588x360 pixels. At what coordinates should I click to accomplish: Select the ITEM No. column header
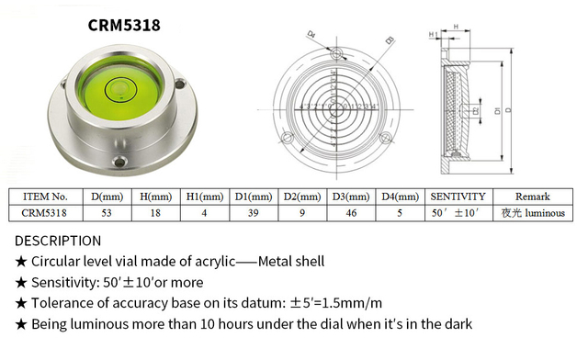47,196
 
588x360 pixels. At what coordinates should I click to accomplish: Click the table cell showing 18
156,212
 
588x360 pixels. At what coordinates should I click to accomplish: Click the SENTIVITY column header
458,196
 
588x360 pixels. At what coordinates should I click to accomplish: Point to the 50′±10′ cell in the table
458,212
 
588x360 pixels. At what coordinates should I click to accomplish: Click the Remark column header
532,196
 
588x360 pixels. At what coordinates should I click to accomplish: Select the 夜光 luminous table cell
532,212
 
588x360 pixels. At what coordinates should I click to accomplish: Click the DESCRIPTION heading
59,241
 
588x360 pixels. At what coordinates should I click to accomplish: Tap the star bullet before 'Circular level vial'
21,262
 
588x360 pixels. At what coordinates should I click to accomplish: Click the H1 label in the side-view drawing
433,34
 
